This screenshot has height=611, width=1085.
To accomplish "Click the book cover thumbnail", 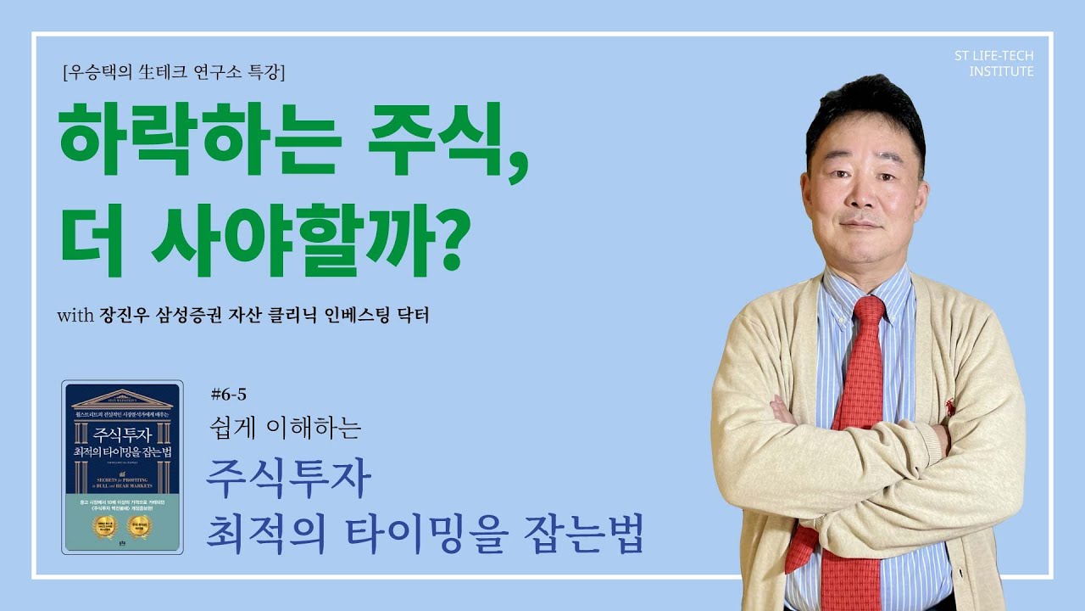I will coord(122,467).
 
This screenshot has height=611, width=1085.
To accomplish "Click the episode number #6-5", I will coord(228,394).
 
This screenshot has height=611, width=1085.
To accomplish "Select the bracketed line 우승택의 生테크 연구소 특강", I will coord(174,73).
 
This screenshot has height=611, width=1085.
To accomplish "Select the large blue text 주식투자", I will coord(289,480).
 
